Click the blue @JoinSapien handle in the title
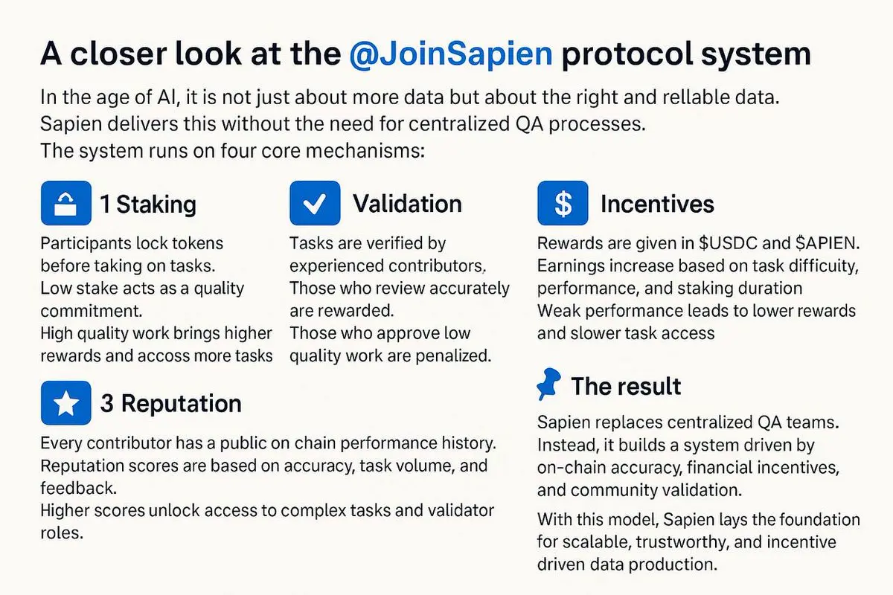[x=450, y=56]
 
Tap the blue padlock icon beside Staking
[x=66, y=203]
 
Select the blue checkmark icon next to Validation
[x=315, y=203]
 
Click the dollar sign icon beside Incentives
[x=563, y=203]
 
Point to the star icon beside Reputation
[x=66, y=403]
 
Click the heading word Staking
[x=156, y=204]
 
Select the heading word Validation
[x=407, y=204]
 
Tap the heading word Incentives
[x=657, y=204]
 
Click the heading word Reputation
[x=181, y=403]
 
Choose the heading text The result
[x=626, y=386]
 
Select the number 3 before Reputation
[x=107, y=403]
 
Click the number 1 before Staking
[x=105, y=204]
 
